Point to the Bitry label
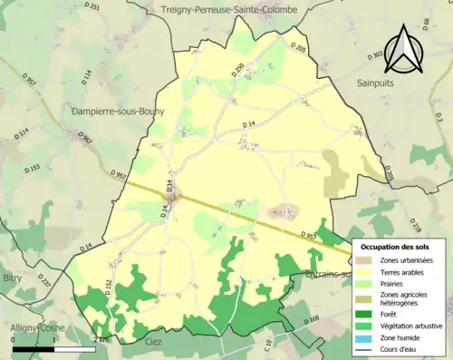pos(12,279)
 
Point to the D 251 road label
pos(92,7)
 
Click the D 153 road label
pos(34,169)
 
